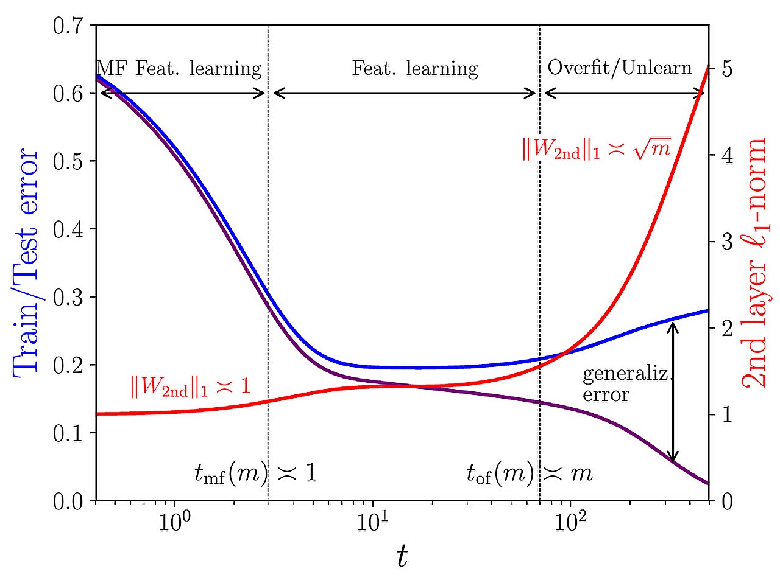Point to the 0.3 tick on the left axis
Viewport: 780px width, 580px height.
(71, 297)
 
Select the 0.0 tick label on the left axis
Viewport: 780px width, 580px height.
(71, 501)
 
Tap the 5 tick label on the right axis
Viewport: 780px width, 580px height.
(727, 69)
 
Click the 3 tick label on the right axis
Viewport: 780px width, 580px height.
(727, 242)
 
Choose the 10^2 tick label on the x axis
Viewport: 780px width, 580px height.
(570, 522)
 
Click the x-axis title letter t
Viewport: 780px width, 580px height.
(402, 556)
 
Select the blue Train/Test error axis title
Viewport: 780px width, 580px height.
(25, 263)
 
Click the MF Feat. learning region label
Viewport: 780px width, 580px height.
(180, 68)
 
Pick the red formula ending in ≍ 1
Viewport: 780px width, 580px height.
(190, 386)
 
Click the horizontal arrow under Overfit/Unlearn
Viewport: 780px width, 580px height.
(624, 93)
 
